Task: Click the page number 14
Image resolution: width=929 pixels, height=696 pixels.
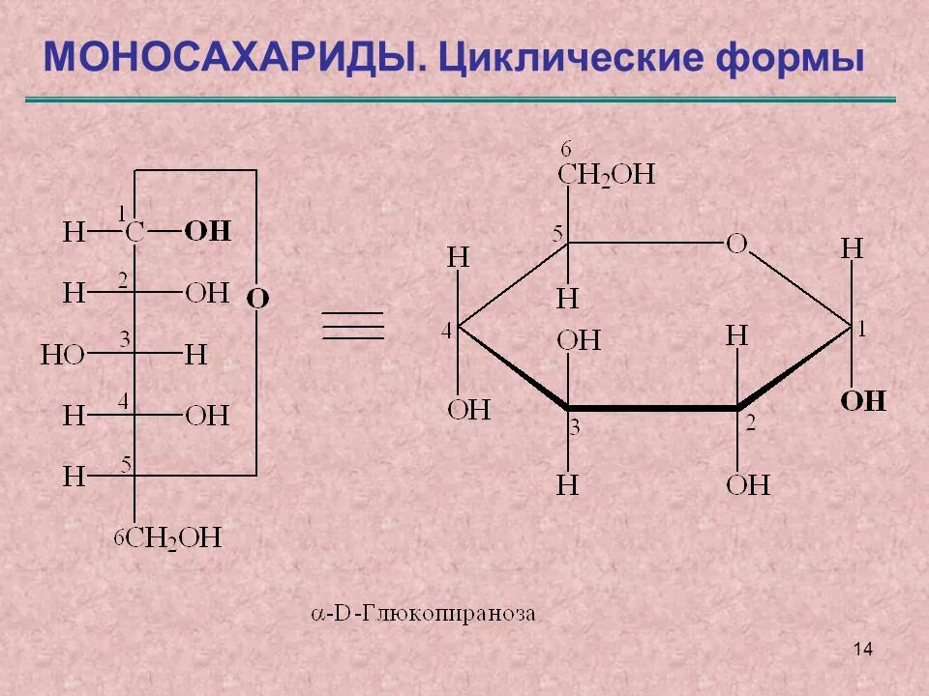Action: pos(863,649)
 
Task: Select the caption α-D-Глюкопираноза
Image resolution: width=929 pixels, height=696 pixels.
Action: pos(423,613)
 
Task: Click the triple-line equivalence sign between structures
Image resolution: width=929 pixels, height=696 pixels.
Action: pos(353,326)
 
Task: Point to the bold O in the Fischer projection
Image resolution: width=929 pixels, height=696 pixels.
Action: pos(257,299)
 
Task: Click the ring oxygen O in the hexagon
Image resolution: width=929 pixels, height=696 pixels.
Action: pos(736,244)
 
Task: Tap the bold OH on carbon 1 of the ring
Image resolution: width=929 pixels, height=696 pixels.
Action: pos(862,400)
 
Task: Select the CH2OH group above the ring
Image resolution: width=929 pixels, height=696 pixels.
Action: pos(607,175)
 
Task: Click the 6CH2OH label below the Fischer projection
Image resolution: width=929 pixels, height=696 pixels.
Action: pos(168,537)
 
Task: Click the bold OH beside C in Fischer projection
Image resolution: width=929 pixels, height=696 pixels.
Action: pos(208,231)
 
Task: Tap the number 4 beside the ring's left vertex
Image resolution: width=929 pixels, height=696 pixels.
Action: pos(447,332)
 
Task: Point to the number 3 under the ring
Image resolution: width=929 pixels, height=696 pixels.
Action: pos(574,427)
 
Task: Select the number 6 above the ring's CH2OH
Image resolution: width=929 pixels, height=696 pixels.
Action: pos(566,149)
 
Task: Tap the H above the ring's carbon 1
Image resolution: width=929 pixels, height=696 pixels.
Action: pos(852,248)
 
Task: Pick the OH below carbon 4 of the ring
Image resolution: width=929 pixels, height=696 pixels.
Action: pos(468,410)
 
